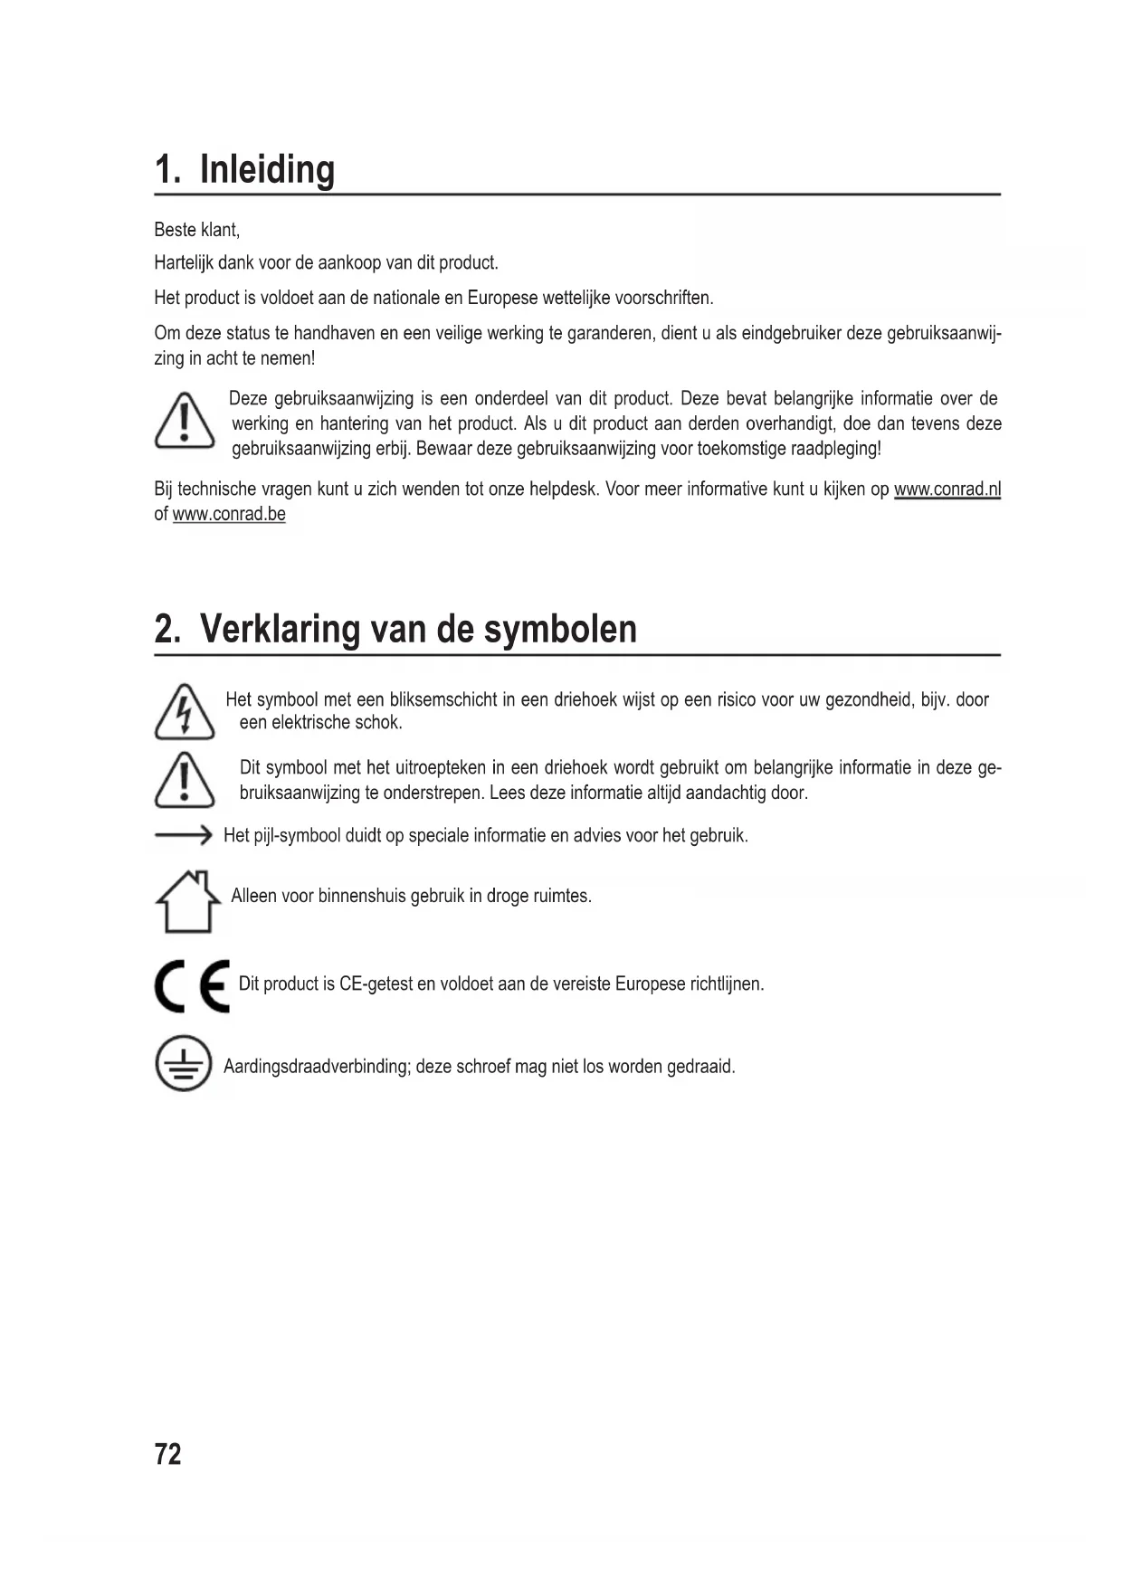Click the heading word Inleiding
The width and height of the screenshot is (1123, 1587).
pyautogui.click(x=267, y=169)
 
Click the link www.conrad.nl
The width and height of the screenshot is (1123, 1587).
pyautogui.click(x=947, y=489)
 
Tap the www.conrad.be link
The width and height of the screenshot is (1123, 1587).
pyautogui.click(x=229, y=514)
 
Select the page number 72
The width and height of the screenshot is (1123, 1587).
pyautogui.click(x=168, y=1453)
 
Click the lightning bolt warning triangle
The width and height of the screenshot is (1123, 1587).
pyautogui.click(x=185, y=712)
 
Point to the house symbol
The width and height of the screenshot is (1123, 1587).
pyautogui.click(x=188, y=901)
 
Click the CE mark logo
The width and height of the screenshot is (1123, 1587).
pyautogui.click(x=191, y=985)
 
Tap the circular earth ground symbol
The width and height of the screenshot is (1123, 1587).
pyautogui.click(x=183, y=1064)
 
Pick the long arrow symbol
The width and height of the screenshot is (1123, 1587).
pyautogui.click(x=183, y=835)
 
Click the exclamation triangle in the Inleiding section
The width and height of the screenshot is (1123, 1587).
pyautogui.click(x=185, y=421)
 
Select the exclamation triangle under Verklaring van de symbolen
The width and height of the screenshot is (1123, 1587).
pyautogui.click(x=185, y=780)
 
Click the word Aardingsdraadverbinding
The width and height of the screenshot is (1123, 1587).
pyautogui.click(x=317, y=1066)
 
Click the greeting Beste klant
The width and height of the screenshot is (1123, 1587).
pyautogui.click(x=196, y=230)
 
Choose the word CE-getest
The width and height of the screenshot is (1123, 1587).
pyautogui.click(x=376, y=984)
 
